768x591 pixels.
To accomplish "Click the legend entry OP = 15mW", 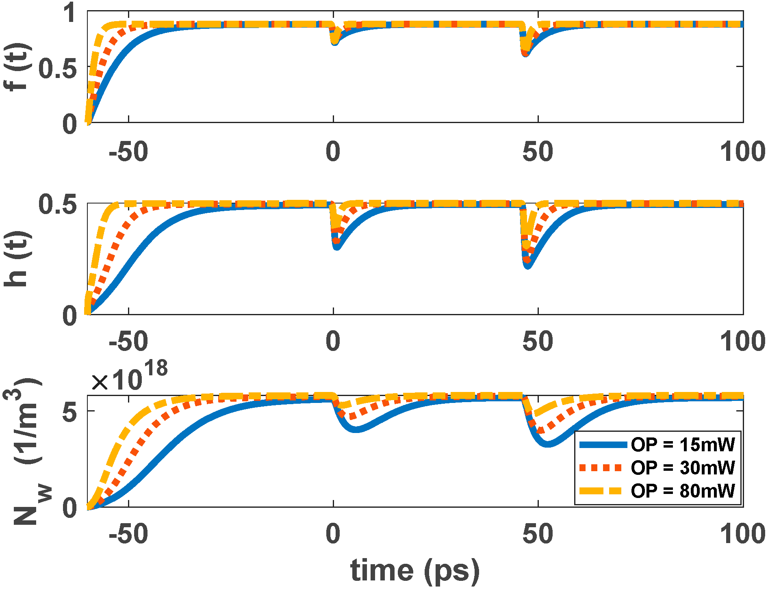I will [x=683, y=445].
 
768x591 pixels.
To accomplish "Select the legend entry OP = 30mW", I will [x=683, y=468].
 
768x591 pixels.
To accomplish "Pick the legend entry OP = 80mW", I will [x=683, y=491].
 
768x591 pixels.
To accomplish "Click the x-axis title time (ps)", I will [x=415, y=570].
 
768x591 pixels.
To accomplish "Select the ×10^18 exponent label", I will [x=129, y=376].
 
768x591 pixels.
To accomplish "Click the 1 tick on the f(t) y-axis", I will [x=70, y=13].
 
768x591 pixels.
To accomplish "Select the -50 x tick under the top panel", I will [x=128, y=152].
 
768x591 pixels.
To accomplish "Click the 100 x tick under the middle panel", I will [x=742, y=341].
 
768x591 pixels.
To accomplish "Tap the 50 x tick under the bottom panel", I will [x=538, y=534].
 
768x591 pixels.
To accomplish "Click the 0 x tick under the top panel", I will [x=333, y=152].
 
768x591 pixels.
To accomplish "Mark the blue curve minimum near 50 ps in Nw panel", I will [x=548, y=444].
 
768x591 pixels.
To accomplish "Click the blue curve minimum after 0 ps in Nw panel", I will [x=356, y=429].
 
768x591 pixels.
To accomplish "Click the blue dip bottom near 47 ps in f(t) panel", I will [x=525, y=53].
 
